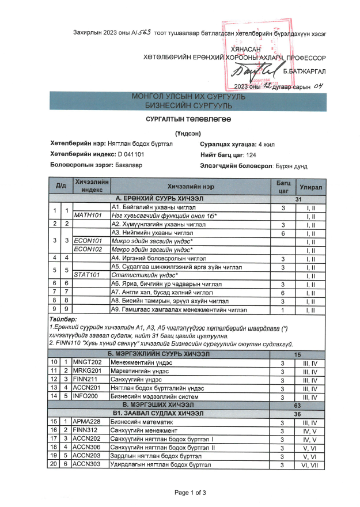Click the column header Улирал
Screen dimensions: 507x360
310,188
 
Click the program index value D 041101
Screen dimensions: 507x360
131,154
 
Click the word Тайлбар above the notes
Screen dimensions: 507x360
63,319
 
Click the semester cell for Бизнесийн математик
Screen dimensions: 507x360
310,422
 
